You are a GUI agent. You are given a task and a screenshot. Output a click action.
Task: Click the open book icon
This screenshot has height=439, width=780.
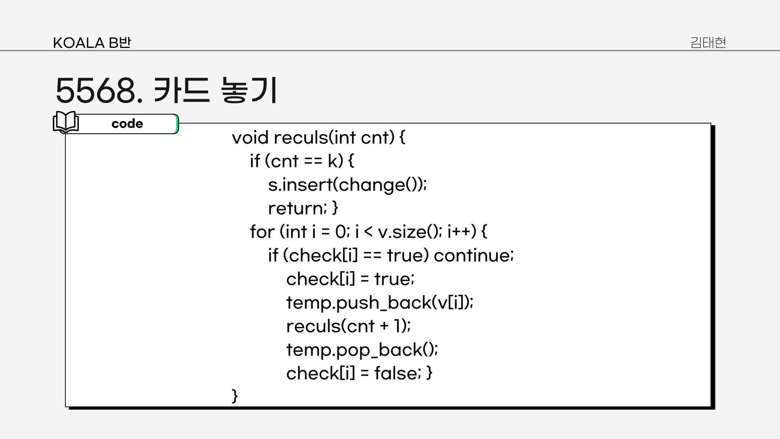(66, 122)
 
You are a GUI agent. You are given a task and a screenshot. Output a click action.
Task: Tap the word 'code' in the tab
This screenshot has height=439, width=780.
(127, 124)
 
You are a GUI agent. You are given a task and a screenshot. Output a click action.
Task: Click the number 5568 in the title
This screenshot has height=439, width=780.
(96, 90)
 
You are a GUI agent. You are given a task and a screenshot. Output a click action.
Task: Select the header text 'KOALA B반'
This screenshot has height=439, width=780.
(92, 43)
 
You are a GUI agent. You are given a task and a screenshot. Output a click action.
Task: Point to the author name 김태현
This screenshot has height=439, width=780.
(708, 42)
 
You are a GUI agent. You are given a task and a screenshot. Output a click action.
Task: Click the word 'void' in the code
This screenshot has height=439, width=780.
(250, 138)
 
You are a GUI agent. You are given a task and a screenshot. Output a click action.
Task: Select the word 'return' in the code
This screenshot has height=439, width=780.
(296, 209)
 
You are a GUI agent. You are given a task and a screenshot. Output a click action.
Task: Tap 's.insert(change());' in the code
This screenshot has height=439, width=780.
(347, 185)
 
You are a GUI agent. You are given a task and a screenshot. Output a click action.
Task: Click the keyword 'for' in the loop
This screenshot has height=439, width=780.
(262, 232)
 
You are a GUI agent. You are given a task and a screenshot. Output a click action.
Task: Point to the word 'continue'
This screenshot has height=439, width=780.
(473, 256)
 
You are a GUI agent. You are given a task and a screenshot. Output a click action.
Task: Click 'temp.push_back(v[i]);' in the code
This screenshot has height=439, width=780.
(380, 303)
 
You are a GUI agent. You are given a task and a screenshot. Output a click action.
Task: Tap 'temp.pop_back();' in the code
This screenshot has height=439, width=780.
(362, 350)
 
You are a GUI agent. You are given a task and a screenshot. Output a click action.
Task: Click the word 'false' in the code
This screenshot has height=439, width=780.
(395, 374)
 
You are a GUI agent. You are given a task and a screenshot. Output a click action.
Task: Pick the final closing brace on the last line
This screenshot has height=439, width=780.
(234, 396)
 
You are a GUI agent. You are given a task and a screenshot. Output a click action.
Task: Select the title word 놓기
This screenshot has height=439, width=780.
(249, 90)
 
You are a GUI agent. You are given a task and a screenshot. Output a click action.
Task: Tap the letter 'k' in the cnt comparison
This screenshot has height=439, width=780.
(333, 161)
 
